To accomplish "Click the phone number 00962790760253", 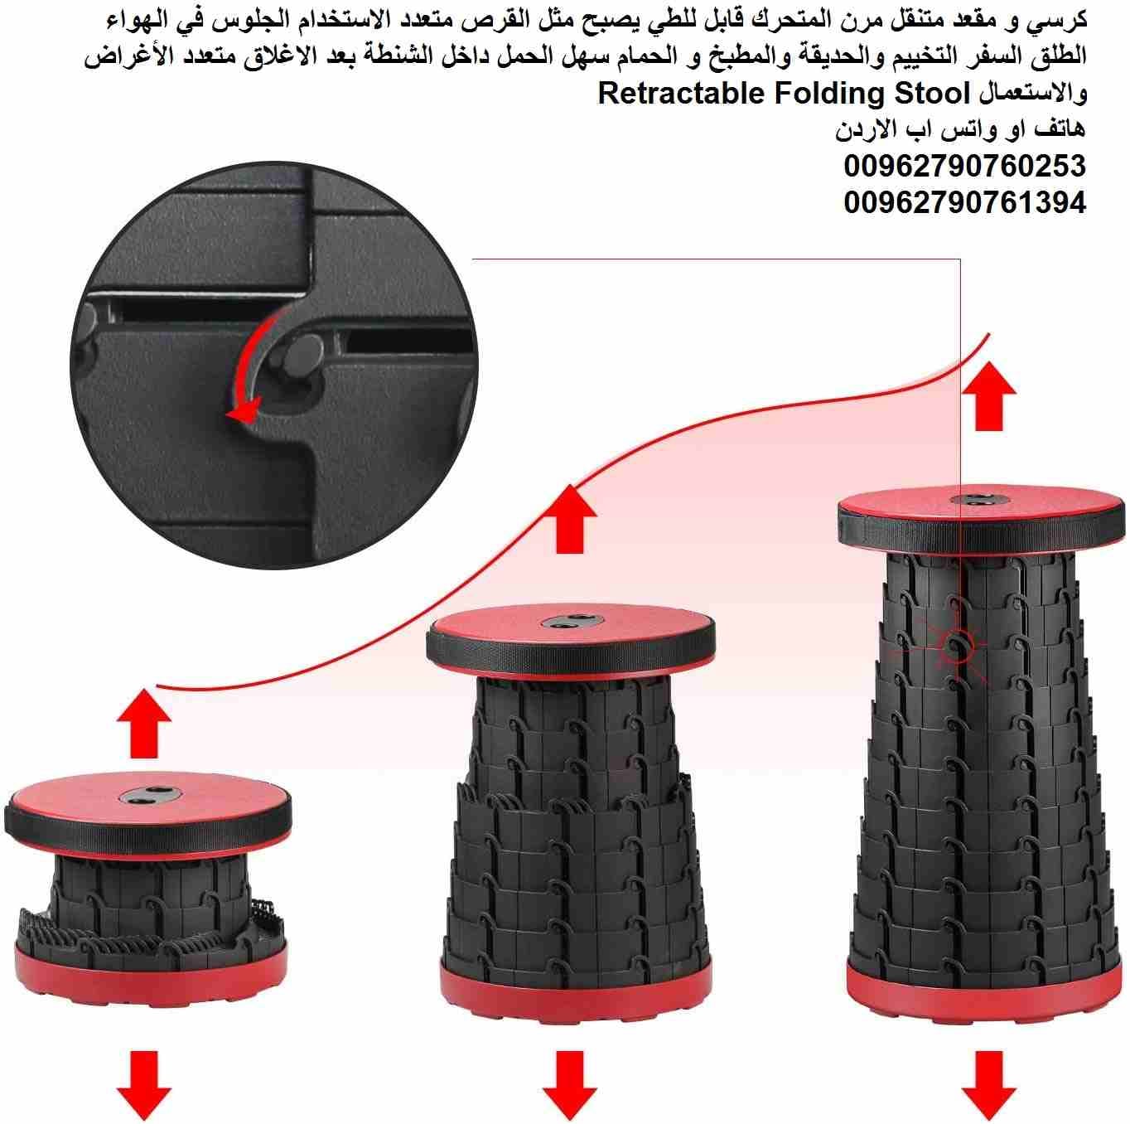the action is coord(964,166).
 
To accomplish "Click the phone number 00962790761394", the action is coord(964,202).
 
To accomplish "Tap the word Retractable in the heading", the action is coord(680,94).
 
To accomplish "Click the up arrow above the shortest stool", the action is coord(143,723).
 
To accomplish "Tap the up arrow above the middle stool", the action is coord(569,519).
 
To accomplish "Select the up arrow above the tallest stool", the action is coord(988,395).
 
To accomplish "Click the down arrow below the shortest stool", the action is coord(143,1085).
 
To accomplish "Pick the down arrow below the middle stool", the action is coord(569,1085).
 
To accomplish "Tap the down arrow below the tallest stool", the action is coord(988,1085).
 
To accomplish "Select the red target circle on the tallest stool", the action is coord(957,647).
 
